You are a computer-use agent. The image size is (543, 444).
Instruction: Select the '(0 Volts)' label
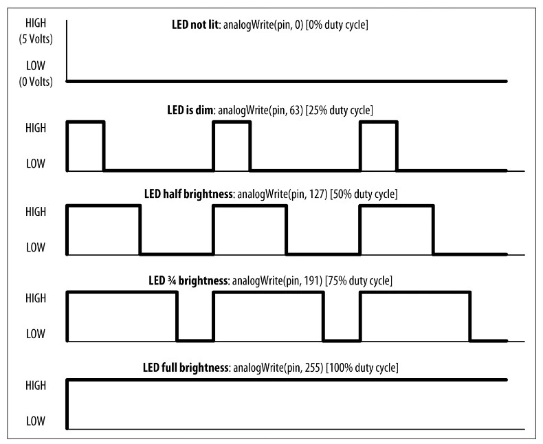[x=34, y=81]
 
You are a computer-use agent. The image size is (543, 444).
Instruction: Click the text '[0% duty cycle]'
[x=337, y=25]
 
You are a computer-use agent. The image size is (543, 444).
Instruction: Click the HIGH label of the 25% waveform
[x=34, y=128]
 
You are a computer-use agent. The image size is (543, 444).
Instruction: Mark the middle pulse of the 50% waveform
[x=250, y=230]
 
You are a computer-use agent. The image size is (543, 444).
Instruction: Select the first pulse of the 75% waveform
[x=122, y=316]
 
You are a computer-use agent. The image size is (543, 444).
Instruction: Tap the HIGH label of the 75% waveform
[x=34, y=298]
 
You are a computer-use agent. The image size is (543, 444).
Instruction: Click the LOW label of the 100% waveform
[x=34, y=419]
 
